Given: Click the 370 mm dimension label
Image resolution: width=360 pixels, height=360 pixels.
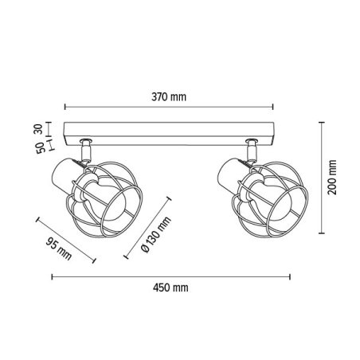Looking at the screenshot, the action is [169, 97].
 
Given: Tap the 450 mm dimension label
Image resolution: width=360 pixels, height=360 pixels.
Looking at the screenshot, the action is [170, 288].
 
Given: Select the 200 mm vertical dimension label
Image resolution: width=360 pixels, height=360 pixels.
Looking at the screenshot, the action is [332, 178].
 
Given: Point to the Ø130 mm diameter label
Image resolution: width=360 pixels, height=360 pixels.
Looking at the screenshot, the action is [156, 234].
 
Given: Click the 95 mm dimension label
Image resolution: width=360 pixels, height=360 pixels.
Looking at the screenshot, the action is [59, 249].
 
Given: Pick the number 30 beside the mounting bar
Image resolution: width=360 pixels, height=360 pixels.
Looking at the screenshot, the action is [38, 129].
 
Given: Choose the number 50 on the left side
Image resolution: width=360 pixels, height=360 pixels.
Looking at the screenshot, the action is [40, 147].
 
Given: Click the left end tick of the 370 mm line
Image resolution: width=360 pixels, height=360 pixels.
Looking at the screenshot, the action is [65, 107].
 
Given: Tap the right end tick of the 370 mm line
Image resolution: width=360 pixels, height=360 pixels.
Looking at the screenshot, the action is [273, 107].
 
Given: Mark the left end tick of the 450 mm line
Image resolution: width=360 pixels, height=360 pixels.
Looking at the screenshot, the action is [52, 277].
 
